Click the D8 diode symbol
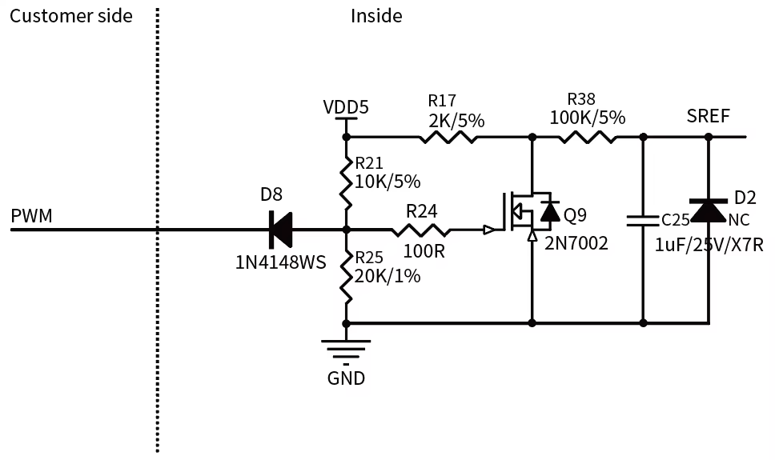point(281,230)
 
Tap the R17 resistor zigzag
point(448,137)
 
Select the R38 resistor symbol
point(587,137)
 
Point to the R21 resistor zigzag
point(346,182)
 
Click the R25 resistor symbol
point(346,276)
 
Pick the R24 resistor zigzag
point(420,230)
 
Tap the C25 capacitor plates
point(643,220)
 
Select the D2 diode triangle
point(709,210)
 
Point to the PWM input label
point(32,216)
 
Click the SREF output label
point(709,116)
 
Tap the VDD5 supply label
point(346,107)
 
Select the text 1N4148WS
point(281,262)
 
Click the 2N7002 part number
point(576,243)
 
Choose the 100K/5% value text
point(588,118)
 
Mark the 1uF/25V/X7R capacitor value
point(709,245)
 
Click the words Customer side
point(71,16)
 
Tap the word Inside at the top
point(376,16)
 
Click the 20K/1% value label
point(387,276)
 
